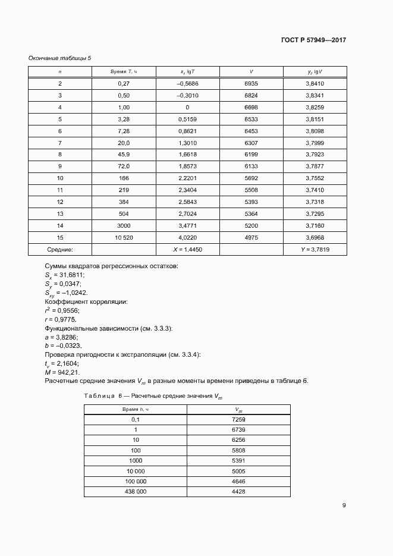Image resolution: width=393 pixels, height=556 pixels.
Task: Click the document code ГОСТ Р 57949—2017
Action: click(x=313, y=40)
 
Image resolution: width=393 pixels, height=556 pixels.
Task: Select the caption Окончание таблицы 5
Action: click(x=60, y=58)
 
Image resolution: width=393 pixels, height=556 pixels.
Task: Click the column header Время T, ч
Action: click(x=124, y=72)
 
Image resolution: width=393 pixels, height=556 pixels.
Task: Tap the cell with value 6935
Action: click(x=251, y=84)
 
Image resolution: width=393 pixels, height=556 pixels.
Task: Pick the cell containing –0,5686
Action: click(x=187, y=84)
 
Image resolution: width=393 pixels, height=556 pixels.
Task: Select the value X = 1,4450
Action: click(x=187, y=250)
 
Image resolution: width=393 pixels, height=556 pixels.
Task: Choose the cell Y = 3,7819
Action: click(x=315, y=250)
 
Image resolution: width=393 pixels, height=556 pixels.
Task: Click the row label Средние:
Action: click(x=59, y=250)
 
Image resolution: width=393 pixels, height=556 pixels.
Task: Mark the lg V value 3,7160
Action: click(x=315, y=226)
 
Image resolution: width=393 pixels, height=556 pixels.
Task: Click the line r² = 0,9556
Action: click(x=62, y=310)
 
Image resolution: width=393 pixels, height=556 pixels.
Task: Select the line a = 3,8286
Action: click(x=62, y=337)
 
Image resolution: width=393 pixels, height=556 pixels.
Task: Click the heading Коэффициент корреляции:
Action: click(x=86, y=301)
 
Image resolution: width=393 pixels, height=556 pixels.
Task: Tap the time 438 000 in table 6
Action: click(x=135, y=492)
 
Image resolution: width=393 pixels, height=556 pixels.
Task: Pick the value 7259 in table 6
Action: click(x=238, y=420)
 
